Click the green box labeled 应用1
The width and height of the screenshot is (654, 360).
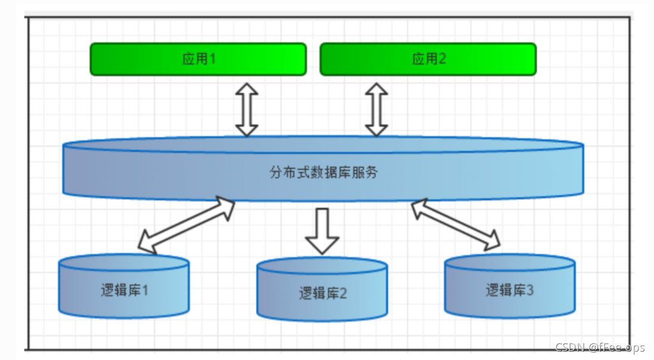tap(198, 59)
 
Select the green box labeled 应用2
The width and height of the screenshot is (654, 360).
tap(428, 59)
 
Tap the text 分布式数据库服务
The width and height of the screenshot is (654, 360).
tap(323, 173)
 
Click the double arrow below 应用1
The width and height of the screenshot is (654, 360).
tap(247, 110)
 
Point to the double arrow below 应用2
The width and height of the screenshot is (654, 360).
tap(376, 110)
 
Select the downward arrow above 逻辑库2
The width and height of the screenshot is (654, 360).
tap(322, 231)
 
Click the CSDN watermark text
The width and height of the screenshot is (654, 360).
tap(599, 347)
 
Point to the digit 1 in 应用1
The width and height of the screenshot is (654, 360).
tap(213, 59)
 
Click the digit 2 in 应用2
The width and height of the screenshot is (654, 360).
tap(443, 59)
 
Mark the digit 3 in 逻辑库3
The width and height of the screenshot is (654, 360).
tap(530, 290)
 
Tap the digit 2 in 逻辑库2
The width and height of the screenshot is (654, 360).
tap(343, 293)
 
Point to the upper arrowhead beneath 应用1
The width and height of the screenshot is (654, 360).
tap(247, 91)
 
